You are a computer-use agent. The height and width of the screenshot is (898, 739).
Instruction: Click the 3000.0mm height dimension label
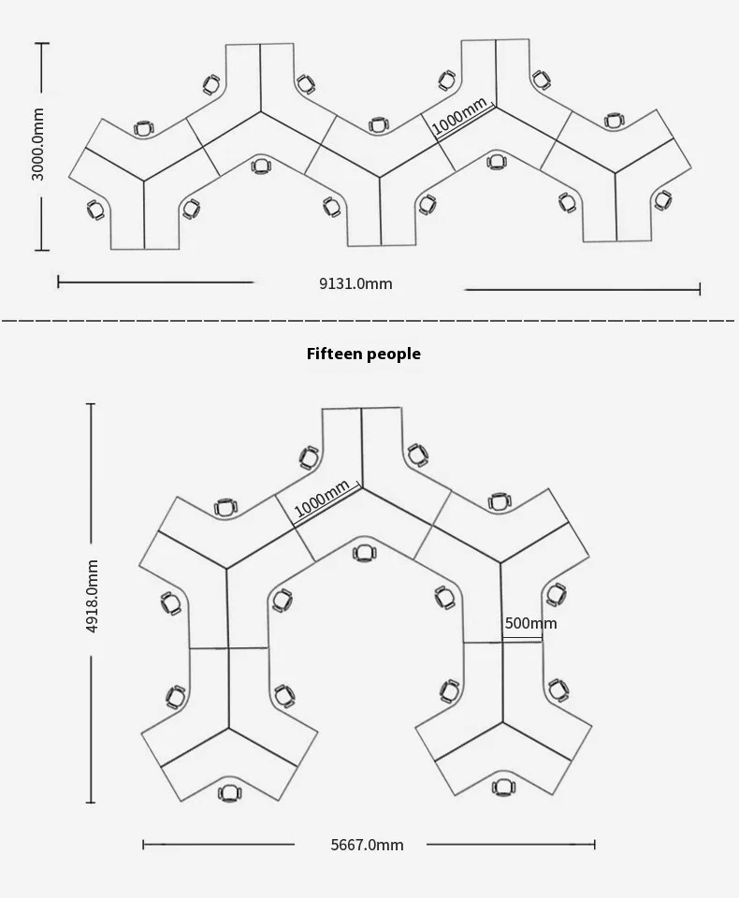[37, 144]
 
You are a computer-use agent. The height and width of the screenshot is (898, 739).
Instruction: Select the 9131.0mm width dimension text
[355, 283]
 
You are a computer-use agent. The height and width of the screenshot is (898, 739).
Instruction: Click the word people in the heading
[394, 355]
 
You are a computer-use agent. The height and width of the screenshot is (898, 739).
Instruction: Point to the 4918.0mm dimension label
[92, 596]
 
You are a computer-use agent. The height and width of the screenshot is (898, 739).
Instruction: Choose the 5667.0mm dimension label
[368, 845]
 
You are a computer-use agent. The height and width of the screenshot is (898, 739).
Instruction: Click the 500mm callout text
[530, 623]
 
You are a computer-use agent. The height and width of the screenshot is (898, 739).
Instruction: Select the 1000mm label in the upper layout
[459, 115]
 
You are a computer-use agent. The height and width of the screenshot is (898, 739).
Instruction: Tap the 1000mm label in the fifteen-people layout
[322, 499]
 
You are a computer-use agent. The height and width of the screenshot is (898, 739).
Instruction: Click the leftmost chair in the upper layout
[96, 210]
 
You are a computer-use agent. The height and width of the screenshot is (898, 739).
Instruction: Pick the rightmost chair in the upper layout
[663, 200]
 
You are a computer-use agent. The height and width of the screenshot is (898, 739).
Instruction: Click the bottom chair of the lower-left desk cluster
[230, 793]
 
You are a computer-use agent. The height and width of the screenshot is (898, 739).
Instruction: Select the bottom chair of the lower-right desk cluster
[503, 788]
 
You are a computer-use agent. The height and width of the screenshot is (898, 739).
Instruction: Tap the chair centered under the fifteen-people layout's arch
[364, 553]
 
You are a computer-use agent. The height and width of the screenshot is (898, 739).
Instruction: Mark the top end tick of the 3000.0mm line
[41, 43]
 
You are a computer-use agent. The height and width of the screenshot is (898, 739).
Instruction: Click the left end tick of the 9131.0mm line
[58, 282]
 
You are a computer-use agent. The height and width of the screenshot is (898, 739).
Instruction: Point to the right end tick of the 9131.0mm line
[700, 289]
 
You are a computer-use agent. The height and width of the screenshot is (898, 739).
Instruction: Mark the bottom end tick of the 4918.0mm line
[91, 803]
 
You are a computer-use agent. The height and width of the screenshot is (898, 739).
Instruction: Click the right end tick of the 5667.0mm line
[595, 844]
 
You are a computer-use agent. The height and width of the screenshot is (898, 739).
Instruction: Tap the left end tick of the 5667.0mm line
[143, 844]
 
